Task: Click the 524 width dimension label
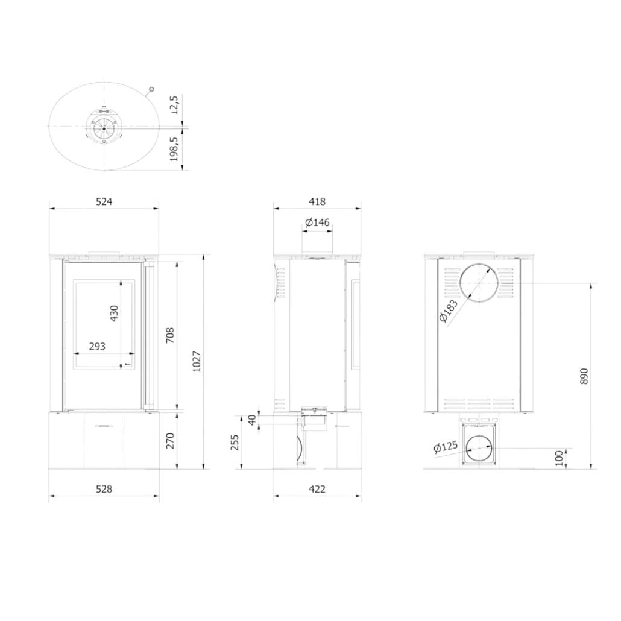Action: (x=104, y=201)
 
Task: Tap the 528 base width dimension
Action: (x=104, y=489)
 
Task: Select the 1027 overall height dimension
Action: (x=197, y=361)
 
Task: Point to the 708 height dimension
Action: (x=170, y=335)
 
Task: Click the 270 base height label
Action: (x=170, y=441)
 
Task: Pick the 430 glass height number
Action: (x=114, y=314)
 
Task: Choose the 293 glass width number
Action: (x=97, y=347)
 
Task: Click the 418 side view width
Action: (x=317, y=201)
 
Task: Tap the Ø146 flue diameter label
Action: (x=318, y=222)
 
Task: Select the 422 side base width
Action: (x=317, y=489)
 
